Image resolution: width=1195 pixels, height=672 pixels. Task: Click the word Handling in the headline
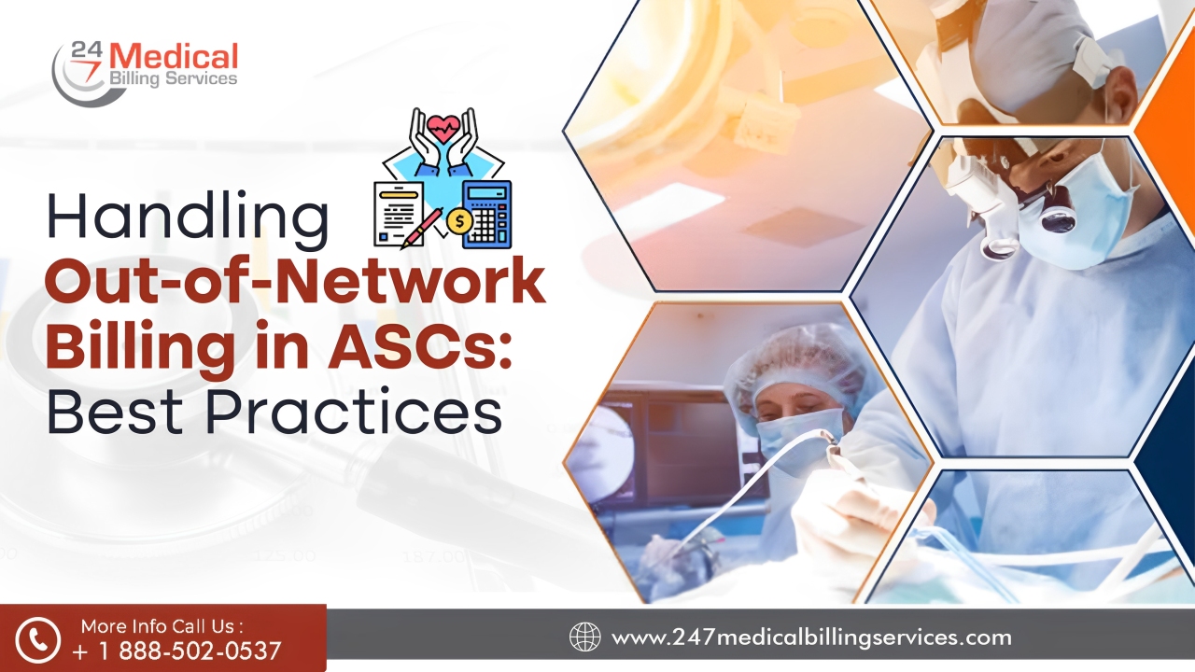[x=187, y=217]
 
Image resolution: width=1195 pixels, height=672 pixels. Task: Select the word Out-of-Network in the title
[x=295, y=282]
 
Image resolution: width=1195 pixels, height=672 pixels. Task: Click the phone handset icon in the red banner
[x=38, y=638]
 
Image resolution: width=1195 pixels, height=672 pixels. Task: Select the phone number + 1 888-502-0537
[x=176, y=651]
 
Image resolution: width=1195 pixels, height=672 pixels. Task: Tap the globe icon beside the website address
[x=585, y=637]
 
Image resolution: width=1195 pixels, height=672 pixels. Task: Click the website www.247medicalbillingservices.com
[x=810, y=637]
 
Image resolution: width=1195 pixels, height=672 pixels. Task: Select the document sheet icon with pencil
[x=398, y=212]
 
